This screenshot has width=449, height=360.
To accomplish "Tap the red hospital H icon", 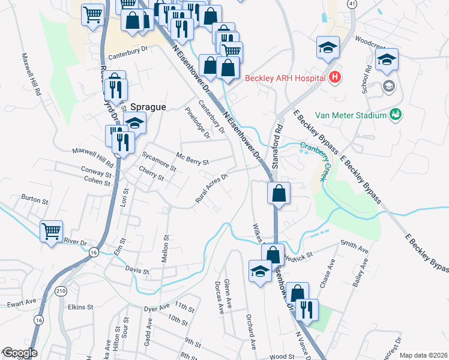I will pos(335,77).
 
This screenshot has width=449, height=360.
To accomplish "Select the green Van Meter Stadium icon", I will pos(396,114).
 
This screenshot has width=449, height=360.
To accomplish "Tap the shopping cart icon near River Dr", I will pos(51,230).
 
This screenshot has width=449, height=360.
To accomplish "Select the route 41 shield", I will pos(352,4).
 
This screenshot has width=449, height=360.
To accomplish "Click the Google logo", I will pos(19,353).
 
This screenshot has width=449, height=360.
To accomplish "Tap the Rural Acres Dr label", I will pos(212,188).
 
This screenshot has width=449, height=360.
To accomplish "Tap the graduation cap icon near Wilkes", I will pos(260,271).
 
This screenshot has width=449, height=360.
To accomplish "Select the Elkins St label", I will pos(80,307).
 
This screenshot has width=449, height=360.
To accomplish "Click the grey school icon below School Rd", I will pos(388,86).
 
